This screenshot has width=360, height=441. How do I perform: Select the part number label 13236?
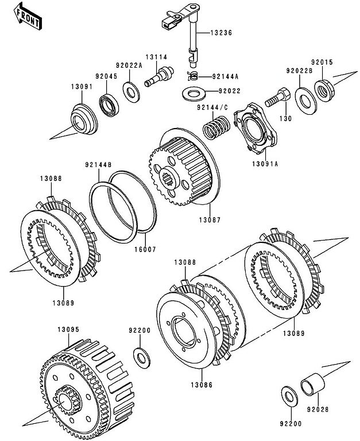(222, 33)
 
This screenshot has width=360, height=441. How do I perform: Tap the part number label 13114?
(156, 57)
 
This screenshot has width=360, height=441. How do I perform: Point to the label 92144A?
(225, 76)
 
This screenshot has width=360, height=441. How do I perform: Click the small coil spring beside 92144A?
(193, 76)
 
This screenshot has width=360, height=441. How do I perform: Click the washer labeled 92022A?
(131, 92)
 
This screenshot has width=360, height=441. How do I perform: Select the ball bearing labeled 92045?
(109, 105)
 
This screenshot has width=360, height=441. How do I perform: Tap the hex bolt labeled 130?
(277, 97)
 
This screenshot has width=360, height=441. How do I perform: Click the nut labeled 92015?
(324, 91)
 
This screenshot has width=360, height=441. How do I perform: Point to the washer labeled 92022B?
(305, 101)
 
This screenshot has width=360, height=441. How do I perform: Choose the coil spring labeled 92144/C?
(216, 127)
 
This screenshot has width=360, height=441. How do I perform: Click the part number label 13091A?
(265, 164)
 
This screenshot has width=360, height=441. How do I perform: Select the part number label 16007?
(145, 249)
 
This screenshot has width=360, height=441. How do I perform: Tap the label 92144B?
(98, 165)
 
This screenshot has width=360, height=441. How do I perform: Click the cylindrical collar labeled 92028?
(312, 384)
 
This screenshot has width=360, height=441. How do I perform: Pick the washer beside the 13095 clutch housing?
(142, 358)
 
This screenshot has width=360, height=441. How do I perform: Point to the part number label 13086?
(202, 385)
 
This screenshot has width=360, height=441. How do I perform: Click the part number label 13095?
(69, 330)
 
